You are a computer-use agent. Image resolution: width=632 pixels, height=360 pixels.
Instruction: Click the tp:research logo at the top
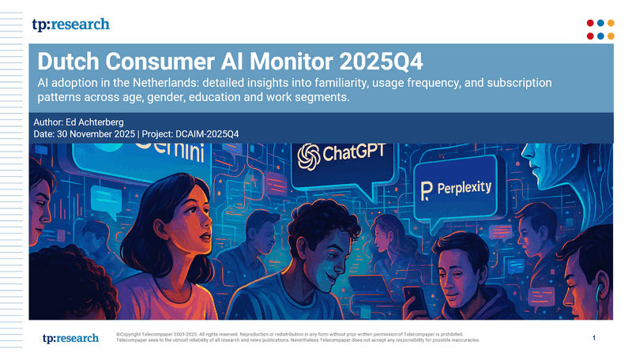pyautogui.click(x=70, y=24)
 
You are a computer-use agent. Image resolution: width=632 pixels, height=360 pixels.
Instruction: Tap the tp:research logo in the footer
pyautogui.click(x=70, y=338)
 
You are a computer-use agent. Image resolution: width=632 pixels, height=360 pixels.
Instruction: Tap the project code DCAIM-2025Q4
pyautogui.click(x=205, y=134)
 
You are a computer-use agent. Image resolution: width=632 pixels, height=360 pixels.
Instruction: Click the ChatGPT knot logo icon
pyautogui.click(x=308, y=156)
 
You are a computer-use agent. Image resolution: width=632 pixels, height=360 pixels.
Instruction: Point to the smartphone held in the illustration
pyautogui.click(x=411, y=298)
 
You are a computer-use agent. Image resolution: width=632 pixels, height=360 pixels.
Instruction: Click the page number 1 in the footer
pyautogui.click(x=593, y=338)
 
